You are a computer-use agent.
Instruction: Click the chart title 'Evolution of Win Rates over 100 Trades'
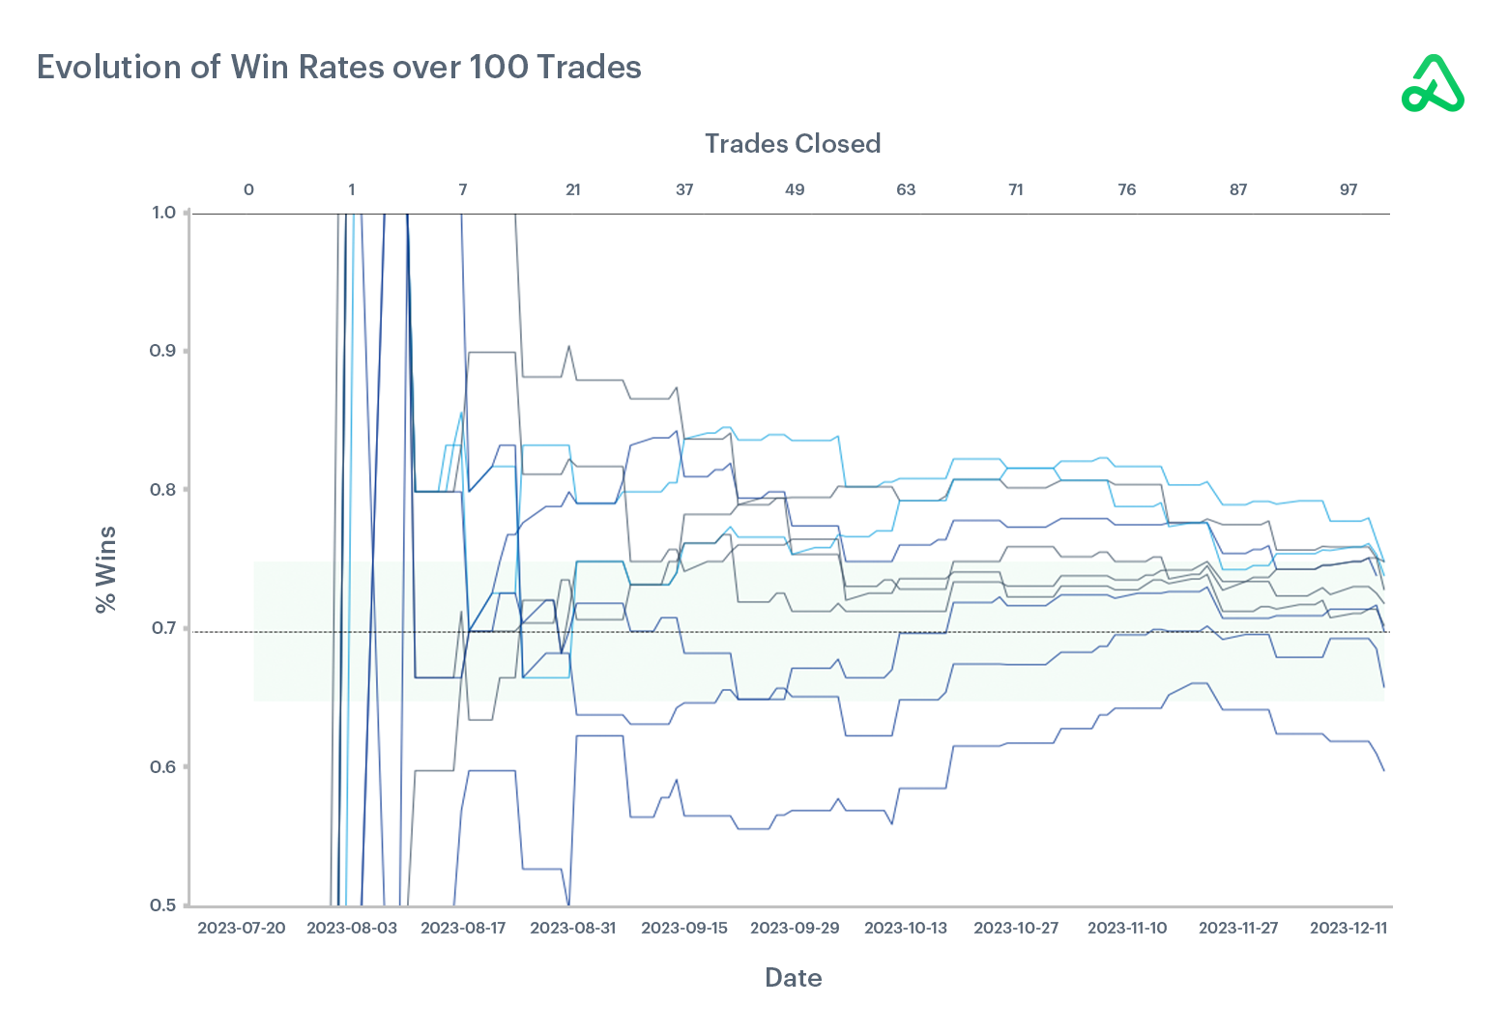[x=339, y=67]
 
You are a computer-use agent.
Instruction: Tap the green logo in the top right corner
[x=1433, y=84]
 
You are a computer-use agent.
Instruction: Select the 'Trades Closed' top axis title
[x=792, y=144]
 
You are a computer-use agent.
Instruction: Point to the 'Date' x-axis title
[x=793, y=978]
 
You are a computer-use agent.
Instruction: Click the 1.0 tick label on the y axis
[x=163, y=213]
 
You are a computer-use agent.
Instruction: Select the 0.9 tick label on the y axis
[x=163, y=351]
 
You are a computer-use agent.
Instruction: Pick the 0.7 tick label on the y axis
[x=163, y=628]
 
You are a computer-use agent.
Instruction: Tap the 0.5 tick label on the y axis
[x=163, y=905]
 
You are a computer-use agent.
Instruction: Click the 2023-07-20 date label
[x=242, y=928]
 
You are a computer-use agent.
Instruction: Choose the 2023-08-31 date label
[x=573, y=928]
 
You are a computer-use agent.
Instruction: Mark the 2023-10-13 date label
[x=906, y=928]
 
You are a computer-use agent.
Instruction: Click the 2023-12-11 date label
[x=1348, y=928]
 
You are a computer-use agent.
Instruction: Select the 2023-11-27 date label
[x=1238, y=928]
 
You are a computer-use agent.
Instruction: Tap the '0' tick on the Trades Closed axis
[x=248, y=189]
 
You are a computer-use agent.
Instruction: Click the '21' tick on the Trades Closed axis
[x=573, y=189]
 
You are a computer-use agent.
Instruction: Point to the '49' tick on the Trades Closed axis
[x=795, y=189]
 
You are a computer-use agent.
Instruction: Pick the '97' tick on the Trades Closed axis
[x=1348, y=189]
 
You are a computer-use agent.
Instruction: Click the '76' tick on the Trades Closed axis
[x=1127, y=189]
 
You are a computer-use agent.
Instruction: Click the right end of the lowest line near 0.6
[x=1383, y=769]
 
